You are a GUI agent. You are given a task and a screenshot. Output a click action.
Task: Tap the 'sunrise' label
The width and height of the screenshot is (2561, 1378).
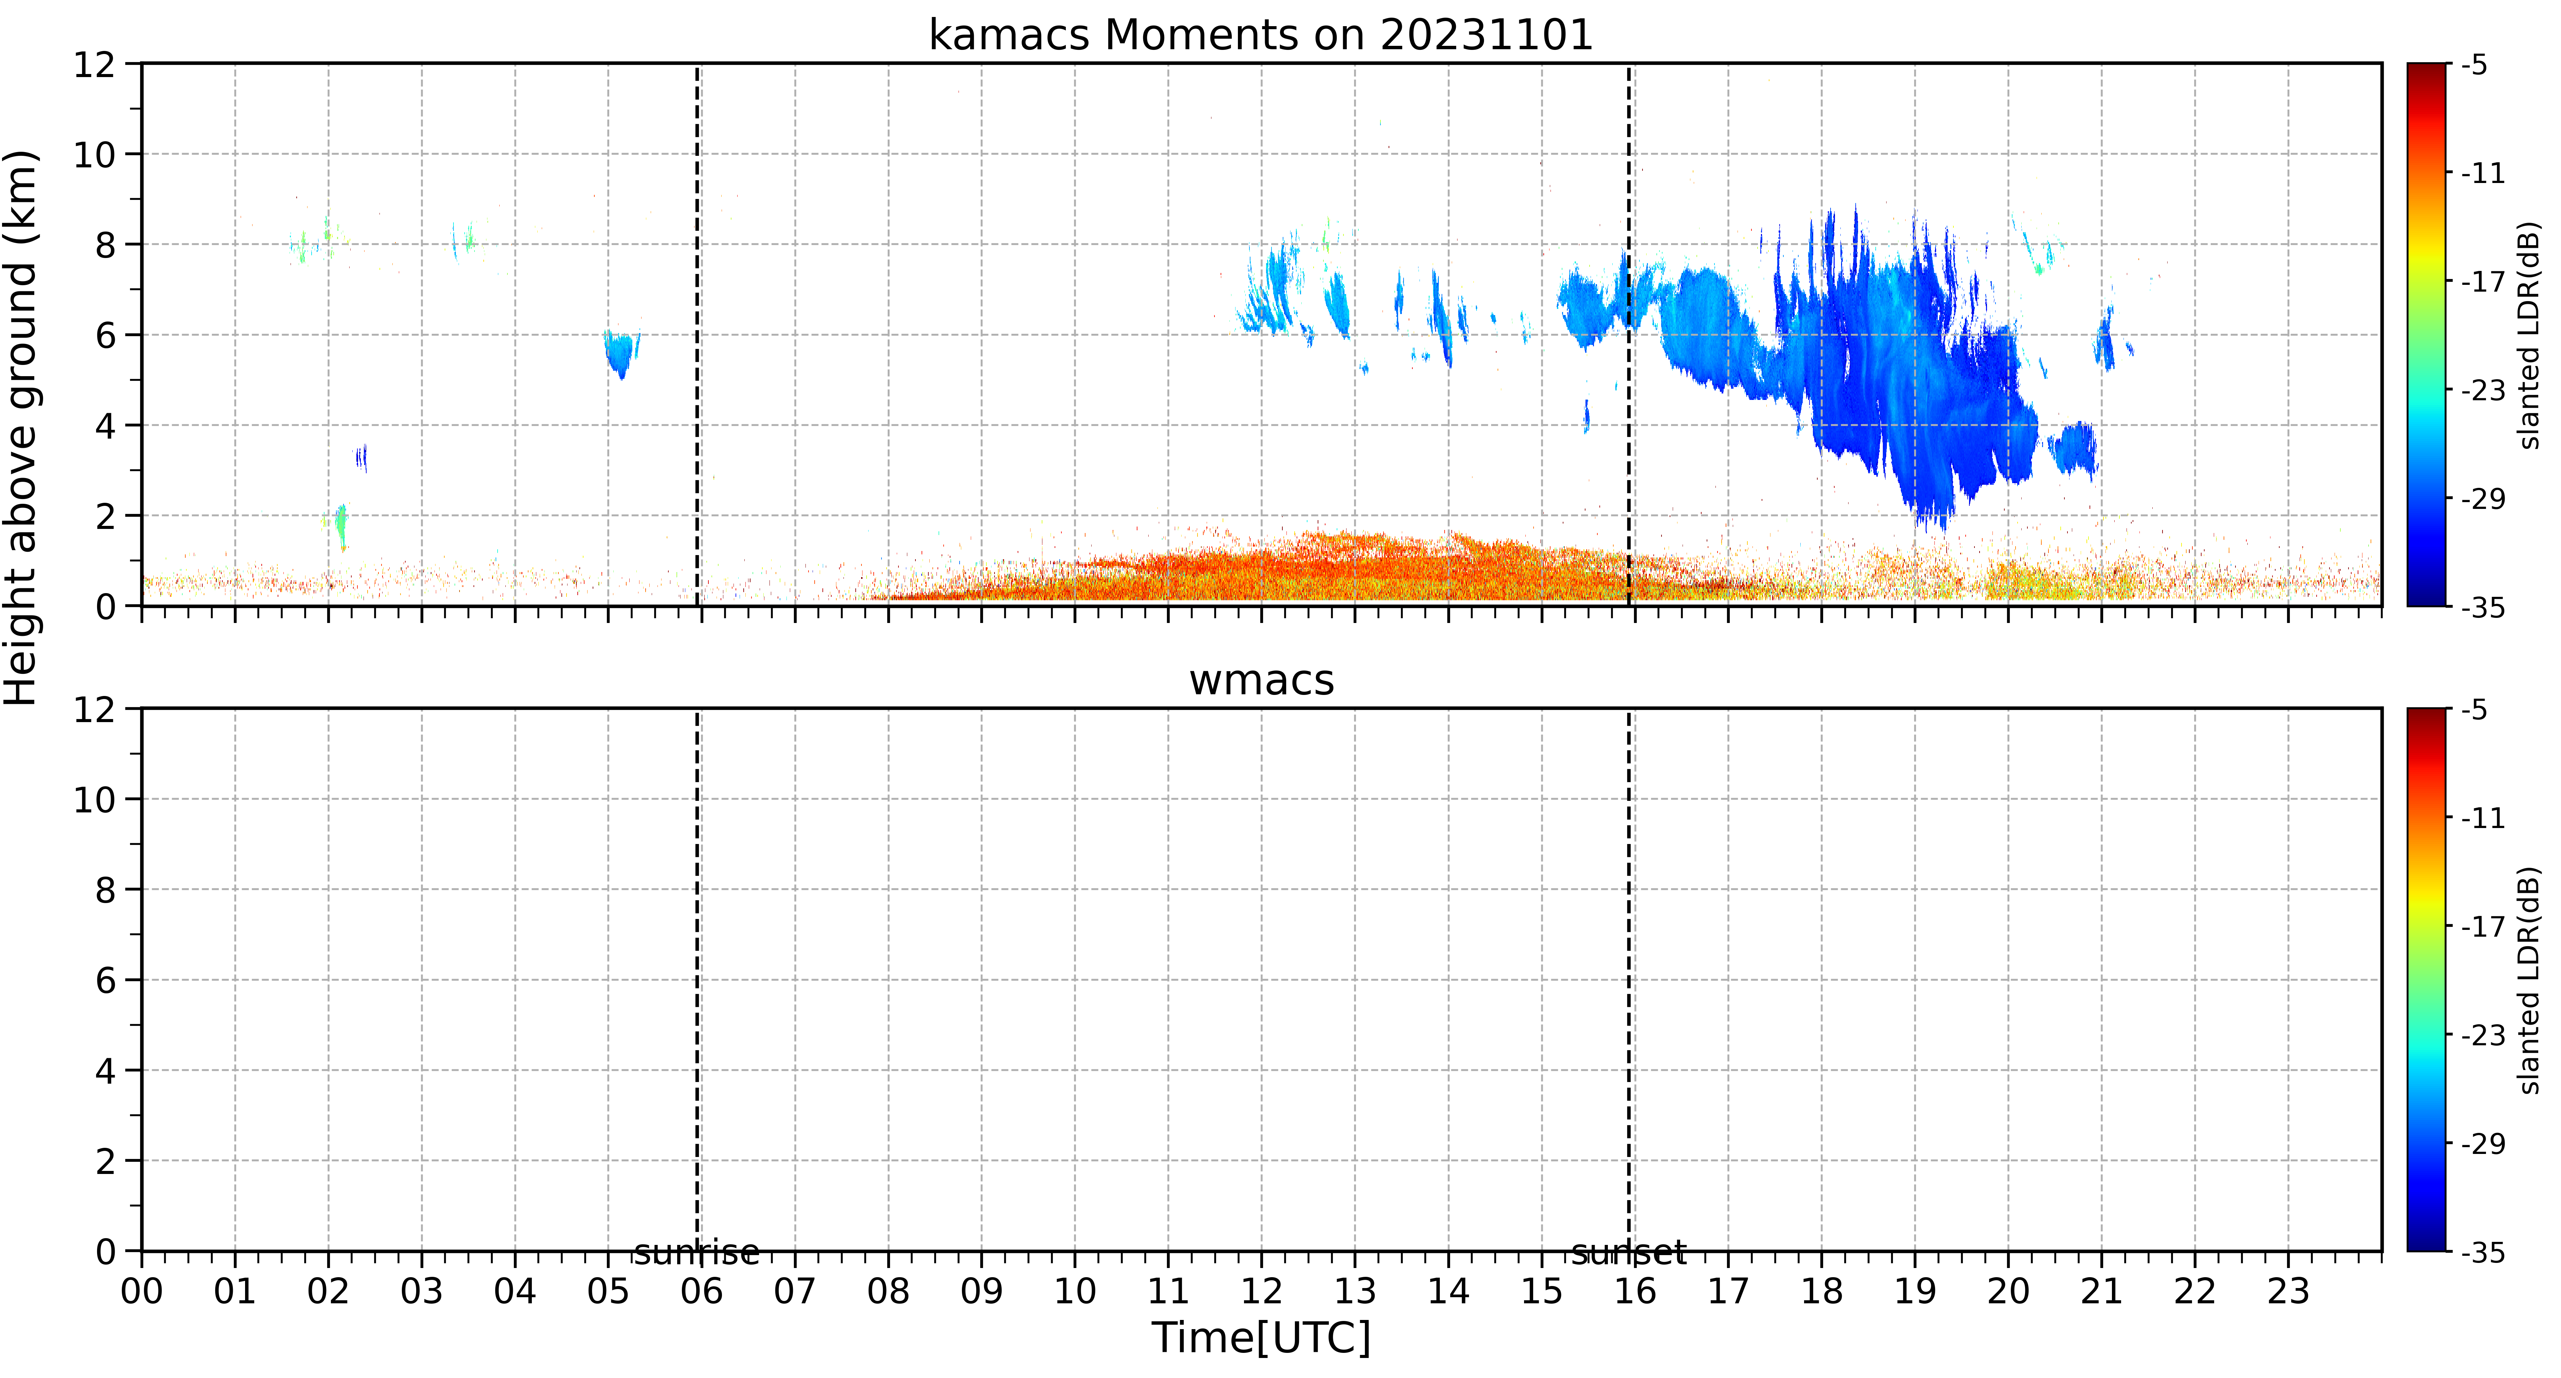tap(697, 1253)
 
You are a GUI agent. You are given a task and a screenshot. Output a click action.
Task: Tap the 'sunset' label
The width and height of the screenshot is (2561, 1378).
tap(1629, 1253)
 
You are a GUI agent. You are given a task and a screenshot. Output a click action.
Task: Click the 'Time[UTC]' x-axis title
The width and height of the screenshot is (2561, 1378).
tap(1261, 1338)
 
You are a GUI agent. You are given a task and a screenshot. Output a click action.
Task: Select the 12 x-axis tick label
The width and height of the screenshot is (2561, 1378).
tap(1261, 1291)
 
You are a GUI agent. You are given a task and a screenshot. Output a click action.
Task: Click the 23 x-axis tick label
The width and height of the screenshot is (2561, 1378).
tap(2288, 1291)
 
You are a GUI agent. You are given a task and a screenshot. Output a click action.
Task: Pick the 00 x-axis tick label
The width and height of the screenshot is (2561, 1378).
tap(142, 1291)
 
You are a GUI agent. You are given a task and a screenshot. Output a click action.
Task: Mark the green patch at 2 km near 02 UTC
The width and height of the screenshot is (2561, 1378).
tap(341, 525)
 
